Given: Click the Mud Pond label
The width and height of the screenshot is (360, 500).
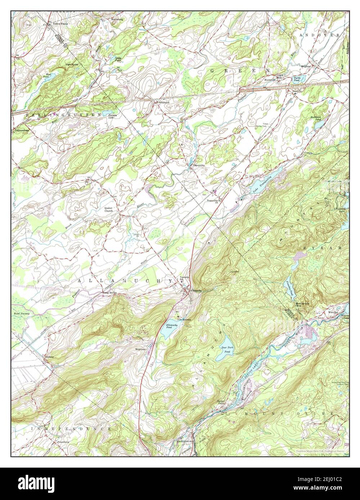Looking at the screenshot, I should click(x=46, y=76).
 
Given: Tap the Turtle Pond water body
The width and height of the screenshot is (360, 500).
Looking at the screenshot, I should click(x=297, y=79).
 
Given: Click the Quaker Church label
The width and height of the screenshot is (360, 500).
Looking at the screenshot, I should click(x=108, y=209).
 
